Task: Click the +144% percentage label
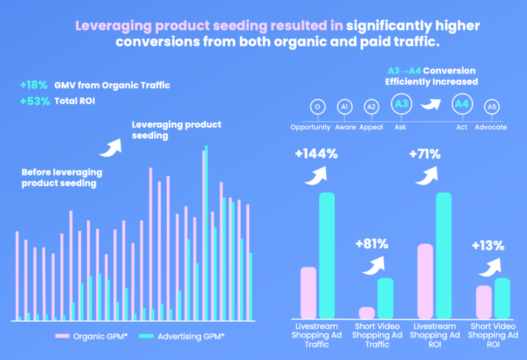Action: point(316,154)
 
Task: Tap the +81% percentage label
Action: point(372,243)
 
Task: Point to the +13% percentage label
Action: point(488,245)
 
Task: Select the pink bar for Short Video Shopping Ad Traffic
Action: point(367,313)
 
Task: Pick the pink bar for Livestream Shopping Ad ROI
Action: point(425,280)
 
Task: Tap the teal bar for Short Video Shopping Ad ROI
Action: point(502,298)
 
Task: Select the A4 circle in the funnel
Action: point(462,105)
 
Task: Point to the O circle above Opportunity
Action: point(316,107)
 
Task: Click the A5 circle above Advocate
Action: point(491,107)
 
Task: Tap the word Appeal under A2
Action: point(371,127)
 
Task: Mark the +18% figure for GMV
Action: point(34,85)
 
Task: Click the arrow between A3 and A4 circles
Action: point(431,105)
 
